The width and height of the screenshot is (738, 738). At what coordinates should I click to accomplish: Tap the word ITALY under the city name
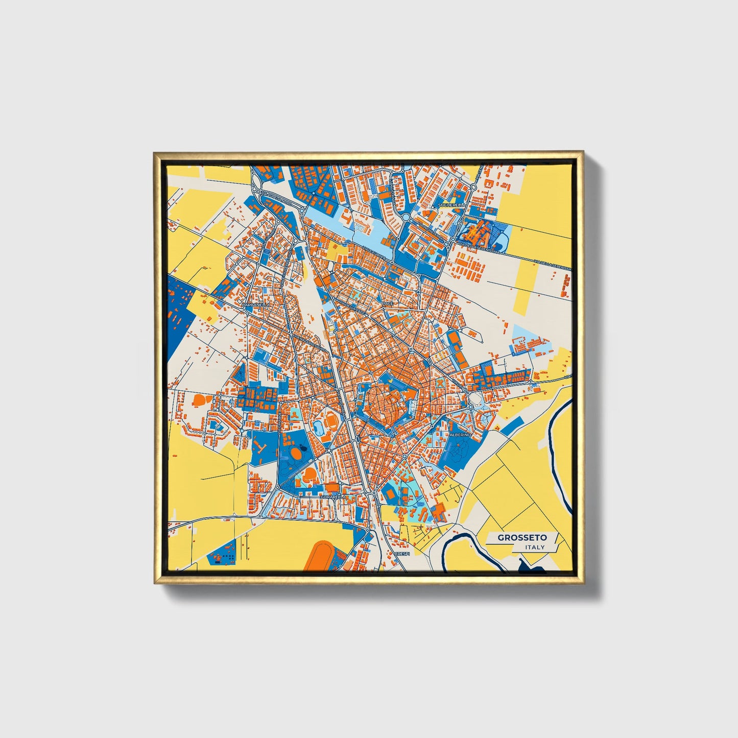pyautogui.click(x=535, y=547)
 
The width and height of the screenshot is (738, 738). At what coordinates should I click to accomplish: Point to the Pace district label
pyautogui.click(x=388, y=303)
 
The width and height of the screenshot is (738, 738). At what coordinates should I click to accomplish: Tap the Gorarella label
pyautogui.click(x=333, y=496)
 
